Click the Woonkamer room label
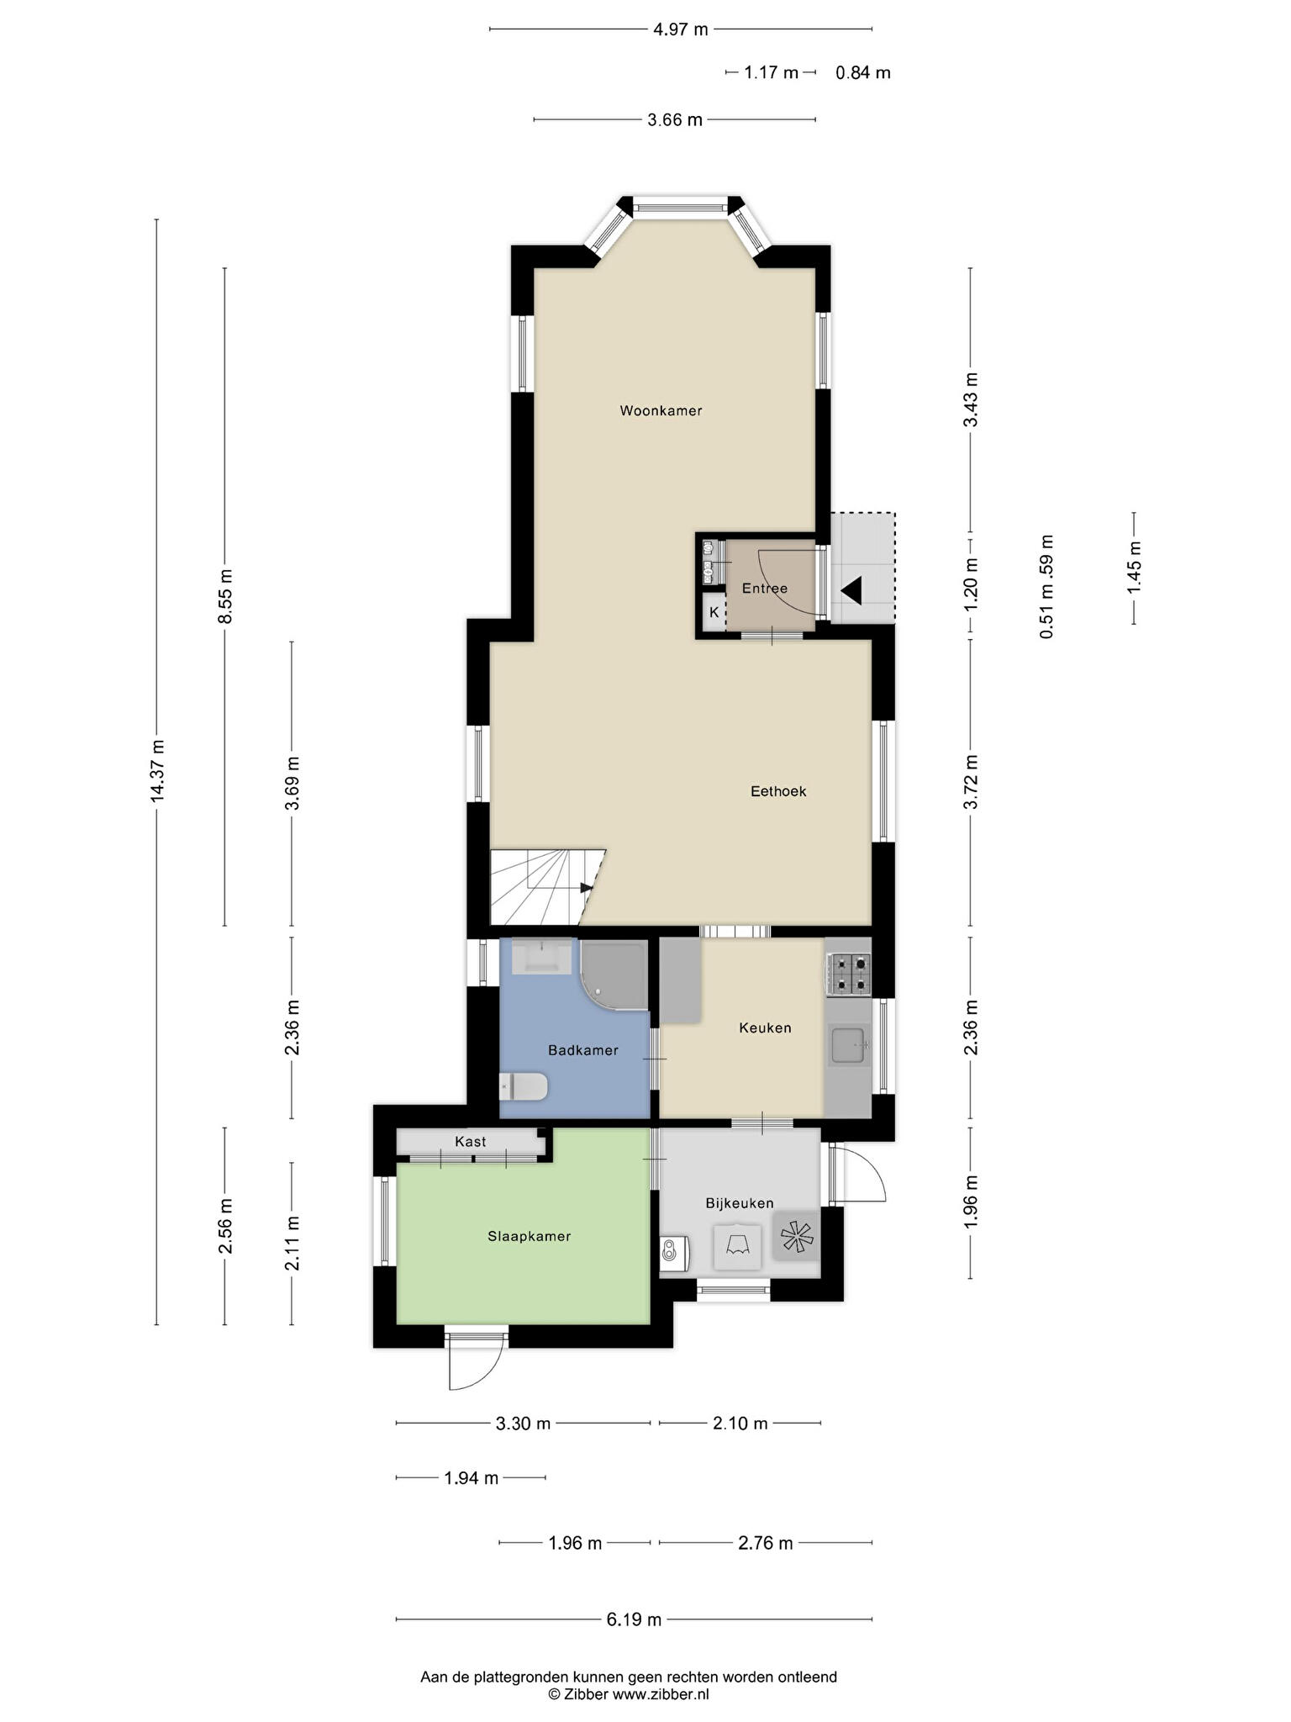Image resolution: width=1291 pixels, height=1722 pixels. (x=661, y=411)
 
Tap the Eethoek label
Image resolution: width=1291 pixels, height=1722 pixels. (x=778, y=791)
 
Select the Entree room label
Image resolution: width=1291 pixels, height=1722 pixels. (x=765, y=589)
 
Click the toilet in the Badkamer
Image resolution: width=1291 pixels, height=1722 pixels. (x=523, y=1086)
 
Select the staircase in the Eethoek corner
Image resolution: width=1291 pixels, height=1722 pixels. (x=547, y=887)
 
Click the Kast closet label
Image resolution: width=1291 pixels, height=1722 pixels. (x=471, y=1142)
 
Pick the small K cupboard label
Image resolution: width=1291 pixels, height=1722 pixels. (x=714, y=612)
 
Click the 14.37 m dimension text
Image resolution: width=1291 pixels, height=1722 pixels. (x=157, y=772)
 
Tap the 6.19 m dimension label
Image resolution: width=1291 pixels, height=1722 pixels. (x=635, y=1619)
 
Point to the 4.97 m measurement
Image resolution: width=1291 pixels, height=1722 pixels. (x=681, y=29)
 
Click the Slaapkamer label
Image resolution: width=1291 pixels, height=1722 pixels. (x=530, y=1236)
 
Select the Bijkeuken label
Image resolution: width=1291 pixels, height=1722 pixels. (x=740, y=1203)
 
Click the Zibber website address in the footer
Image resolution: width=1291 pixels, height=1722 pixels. (x=661, y=1694)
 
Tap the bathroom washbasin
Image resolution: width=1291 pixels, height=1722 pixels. (x=542, y=957)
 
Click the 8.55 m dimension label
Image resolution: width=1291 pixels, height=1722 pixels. (x=225, y=596)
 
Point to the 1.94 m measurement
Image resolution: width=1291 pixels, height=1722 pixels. (x=472, y=1477)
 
